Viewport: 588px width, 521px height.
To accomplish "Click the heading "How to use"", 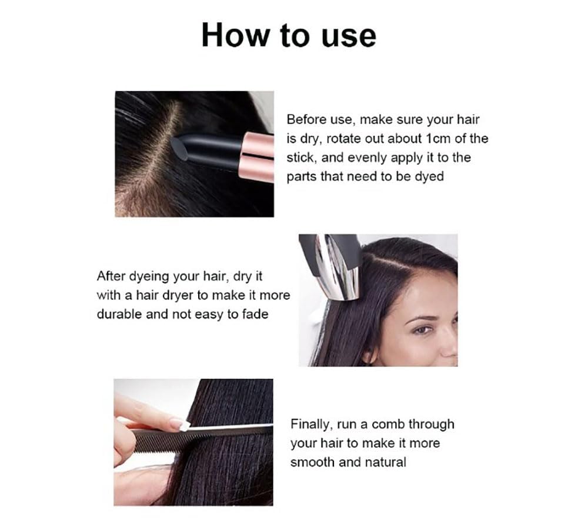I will click(288, 35).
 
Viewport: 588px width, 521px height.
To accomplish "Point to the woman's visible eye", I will click(421, 330).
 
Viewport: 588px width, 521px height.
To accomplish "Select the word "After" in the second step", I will click(112, 276).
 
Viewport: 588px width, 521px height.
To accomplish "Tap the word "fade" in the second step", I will click(255, 314).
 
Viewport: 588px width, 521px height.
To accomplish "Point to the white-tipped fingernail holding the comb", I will click(177, 423).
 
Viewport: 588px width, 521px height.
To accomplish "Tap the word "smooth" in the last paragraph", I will click(313, 462).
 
